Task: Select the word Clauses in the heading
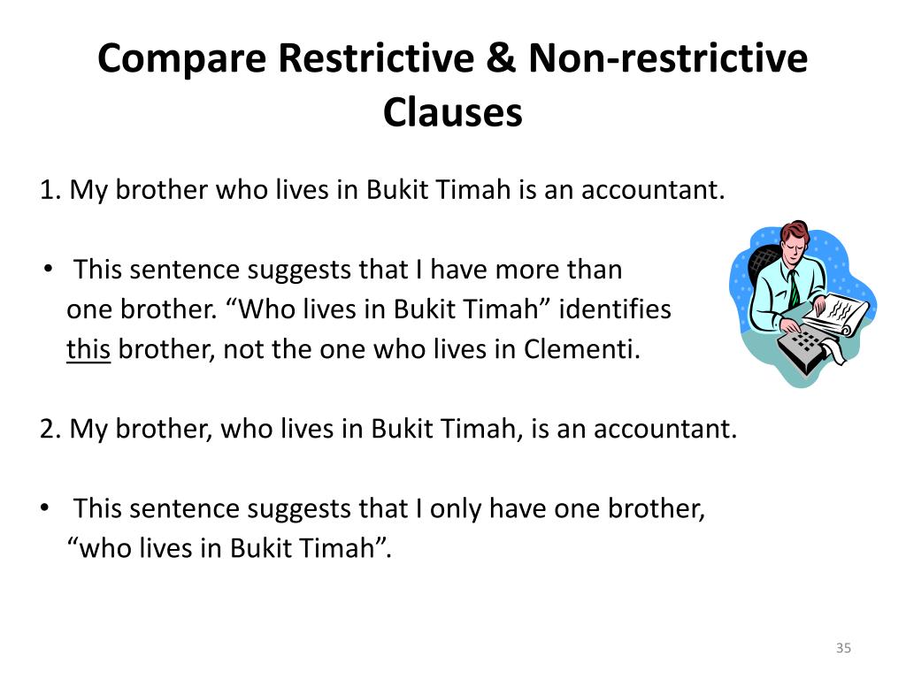(x=453, y=112)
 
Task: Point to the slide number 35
(x=843, y=649)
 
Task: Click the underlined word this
(x=88, y=350)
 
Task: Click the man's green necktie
(x=794, y=286)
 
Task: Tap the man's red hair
(x=794, y=232)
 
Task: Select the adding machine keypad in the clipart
(x=805, y=340)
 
